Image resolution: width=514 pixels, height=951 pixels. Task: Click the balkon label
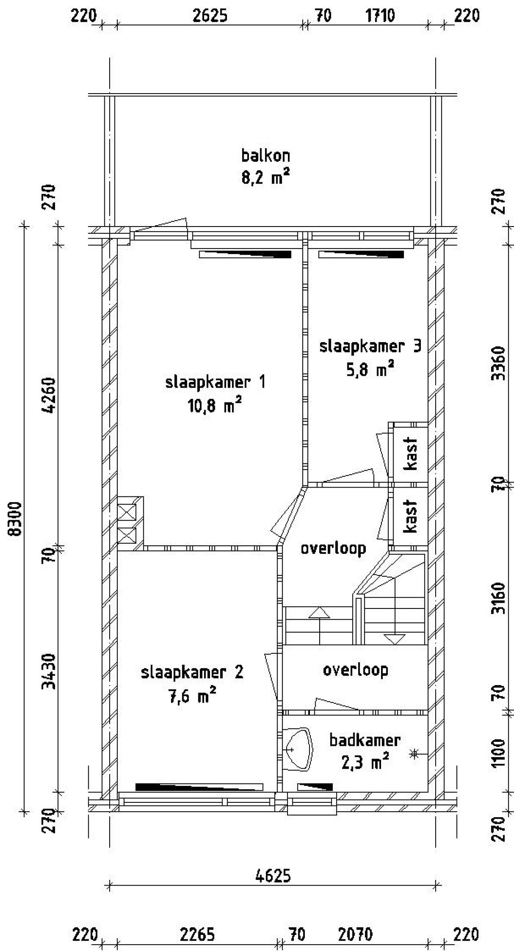point(265,155)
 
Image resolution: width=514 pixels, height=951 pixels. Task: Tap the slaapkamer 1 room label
point(215,382)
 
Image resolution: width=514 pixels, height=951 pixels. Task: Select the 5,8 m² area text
point(369,369)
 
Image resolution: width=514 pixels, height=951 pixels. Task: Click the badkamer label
point(365,740)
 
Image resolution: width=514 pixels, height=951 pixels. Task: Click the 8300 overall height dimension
point(15,519)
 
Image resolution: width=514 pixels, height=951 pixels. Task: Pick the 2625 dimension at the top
point(210,16)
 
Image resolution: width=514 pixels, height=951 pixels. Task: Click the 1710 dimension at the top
point(380,16)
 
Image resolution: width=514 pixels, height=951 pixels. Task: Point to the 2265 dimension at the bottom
point(197,935)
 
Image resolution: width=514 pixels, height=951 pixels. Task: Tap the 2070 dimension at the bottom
point(355,935)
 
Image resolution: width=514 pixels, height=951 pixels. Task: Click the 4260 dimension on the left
point(50,395)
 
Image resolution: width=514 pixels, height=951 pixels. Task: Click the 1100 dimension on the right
point(498,753)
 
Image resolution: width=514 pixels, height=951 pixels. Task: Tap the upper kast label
point(411,453)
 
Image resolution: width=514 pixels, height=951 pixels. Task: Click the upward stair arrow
point(319,613)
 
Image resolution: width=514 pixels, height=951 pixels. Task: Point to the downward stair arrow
point(395,639)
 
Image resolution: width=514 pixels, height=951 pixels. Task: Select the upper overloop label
point(333,548)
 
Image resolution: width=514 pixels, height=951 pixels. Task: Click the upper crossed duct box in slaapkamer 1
point(127,512)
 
